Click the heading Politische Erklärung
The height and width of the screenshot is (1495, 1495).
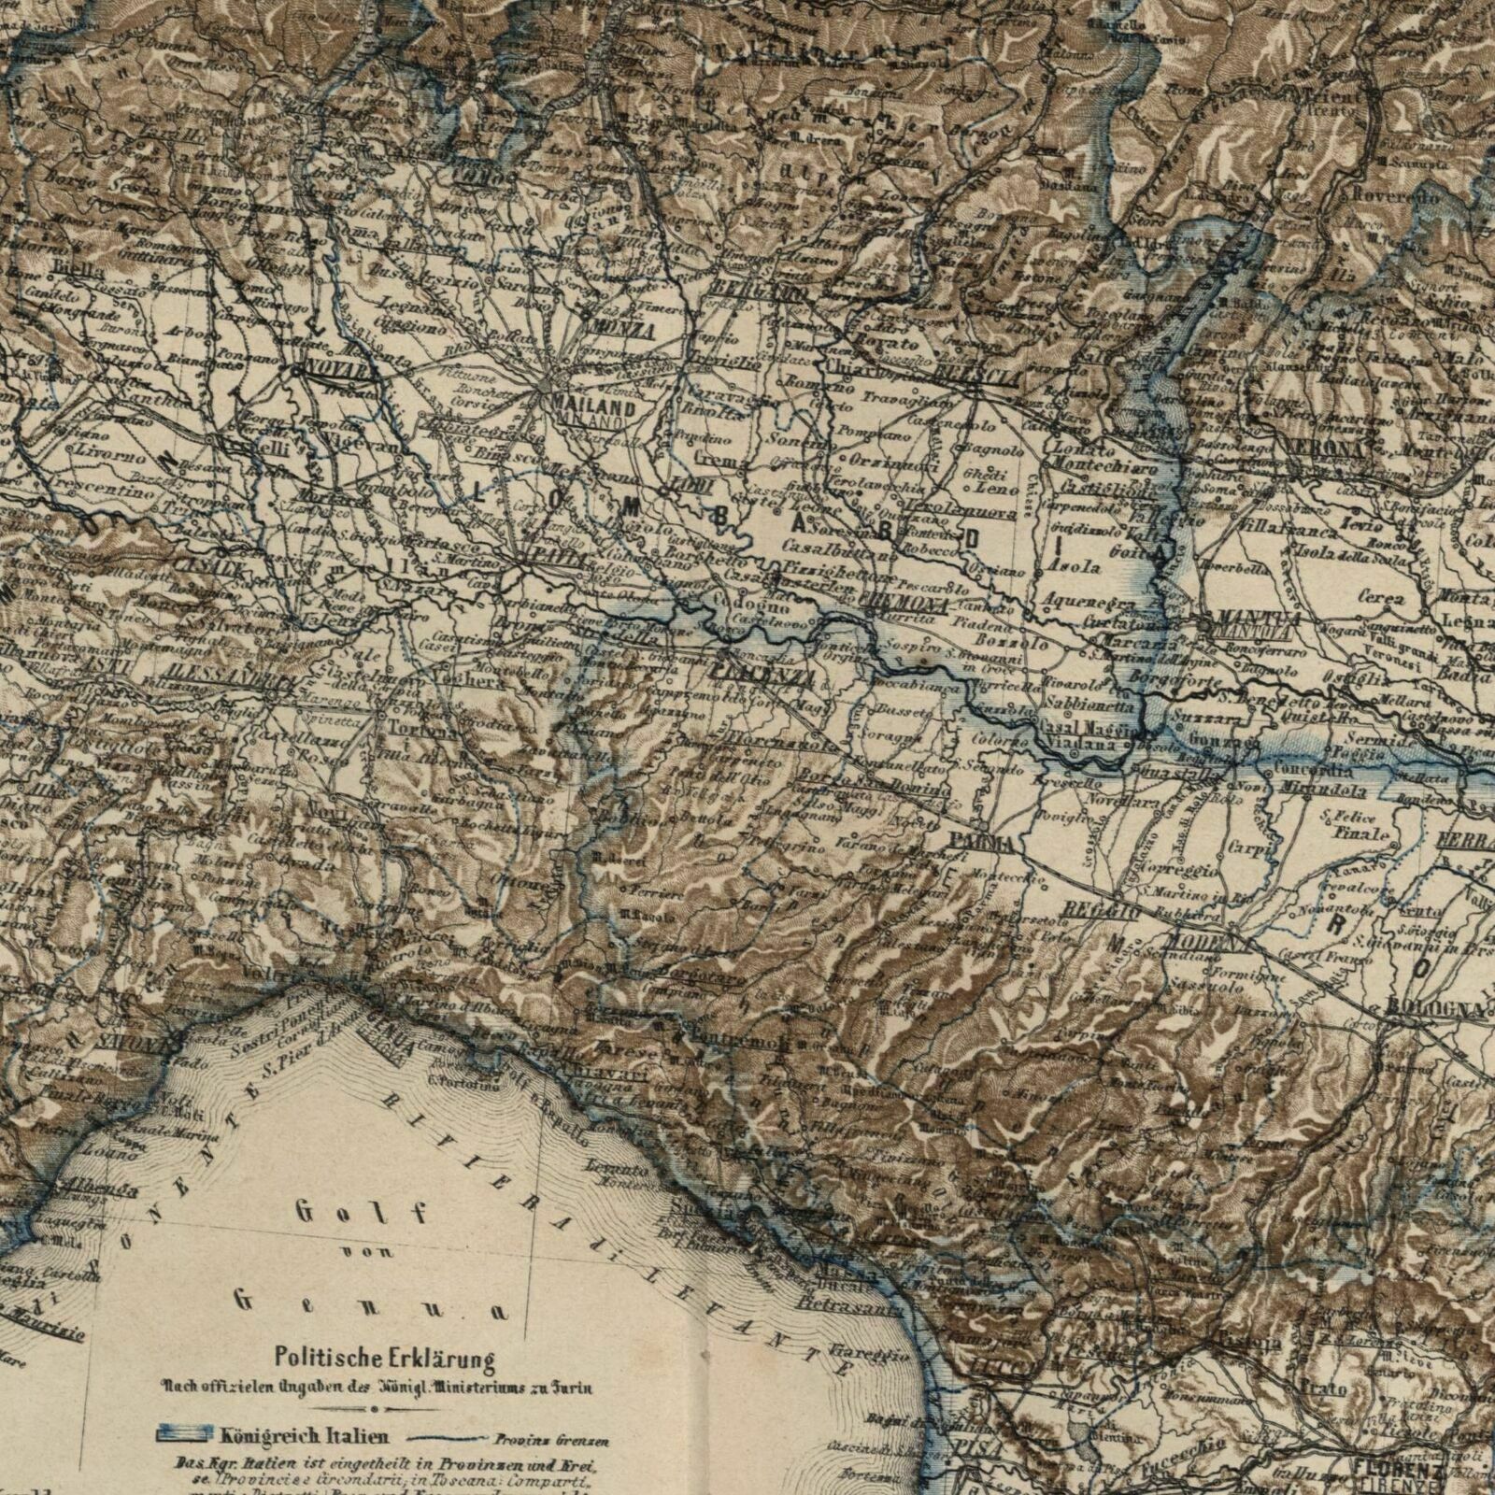point(383,1356)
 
